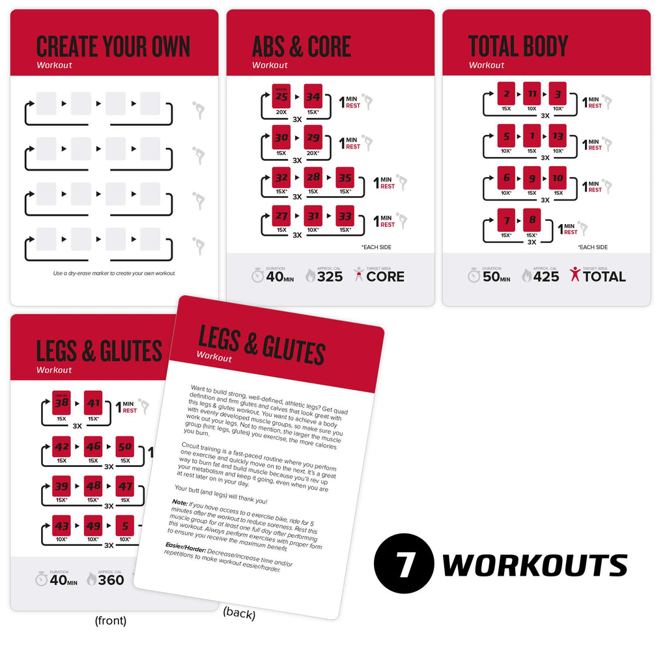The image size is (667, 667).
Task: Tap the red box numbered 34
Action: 313,97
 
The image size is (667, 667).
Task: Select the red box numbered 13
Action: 558,137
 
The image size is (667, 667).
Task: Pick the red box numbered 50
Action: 124,447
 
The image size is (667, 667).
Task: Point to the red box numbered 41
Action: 93,404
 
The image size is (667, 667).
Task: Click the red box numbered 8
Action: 532,221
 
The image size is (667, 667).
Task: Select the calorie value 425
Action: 546,276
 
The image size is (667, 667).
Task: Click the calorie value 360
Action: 110,579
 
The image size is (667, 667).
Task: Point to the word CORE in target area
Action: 385,276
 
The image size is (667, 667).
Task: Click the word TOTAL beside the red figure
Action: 604,276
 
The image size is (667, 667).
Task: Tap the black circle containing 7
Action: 404,565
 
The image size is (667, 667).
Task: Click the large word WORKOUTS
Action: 535,565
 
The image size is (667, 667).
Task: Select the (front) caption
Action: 111,621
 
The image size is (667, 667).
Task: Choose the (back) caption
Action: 239,613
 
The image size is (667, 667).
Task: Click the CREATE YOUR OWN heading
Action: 113,47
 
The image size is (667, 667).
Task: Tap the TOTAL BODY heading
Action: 518,47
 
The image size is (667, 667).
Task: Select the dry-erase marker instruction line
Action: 114,273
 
